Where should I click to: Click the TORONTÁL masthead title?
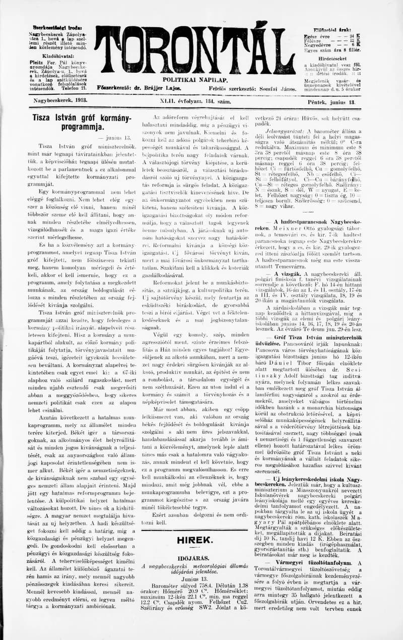point(194,50)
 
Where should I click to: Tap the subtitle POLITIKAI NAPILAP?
point(195,80)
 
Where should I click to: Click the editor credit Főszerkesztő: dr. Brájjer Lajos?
point(139,88)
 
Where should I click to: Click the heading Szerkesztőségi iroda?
point(56,27)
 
